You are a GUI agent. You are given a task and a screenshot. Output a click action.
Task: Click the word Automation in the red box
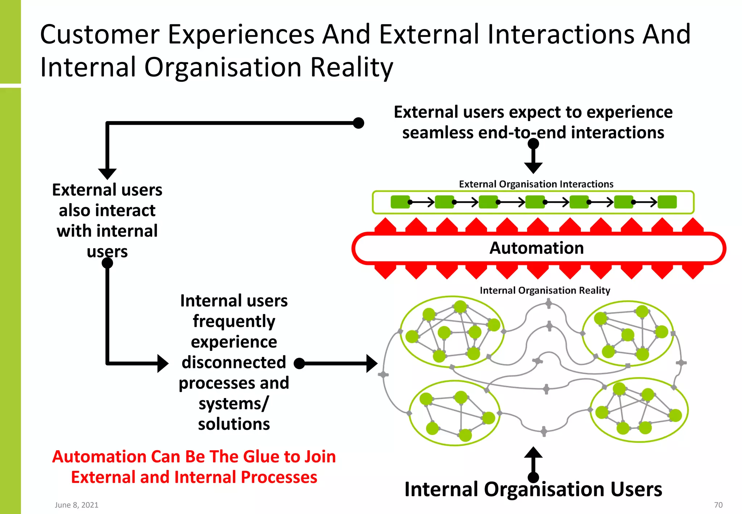coord(536,248)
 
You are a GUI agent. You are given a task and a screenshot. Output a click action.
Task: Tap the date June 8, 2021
coord(76,505)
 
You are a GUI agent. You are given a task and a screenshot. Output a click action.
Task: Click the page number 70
coord(718,505)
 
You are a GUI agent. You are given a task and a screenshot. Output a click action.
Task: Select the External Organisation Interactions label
coord(536,184)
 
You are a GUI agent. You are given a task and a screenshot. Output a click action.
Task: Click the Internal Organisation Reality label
coord(545,290)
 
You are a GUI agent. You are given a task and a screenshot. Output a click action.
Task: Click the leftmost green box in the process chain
coord(400,202)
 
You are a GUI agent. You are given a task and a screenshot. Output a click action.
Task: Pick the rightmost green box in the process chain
coord(667,202)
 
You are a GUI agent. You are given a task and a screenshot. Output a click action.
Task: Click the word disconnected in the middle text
coord(234,362)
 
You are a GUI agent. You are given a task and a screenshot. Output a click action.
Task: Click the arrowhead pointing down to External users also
coord(107,174)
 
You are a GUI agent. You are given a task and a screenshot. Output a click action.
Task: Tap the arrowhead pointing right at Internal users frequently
coord(163,363)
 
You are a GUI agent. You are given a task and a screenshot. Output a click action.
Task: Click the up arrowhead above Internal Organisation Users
coord(533,452)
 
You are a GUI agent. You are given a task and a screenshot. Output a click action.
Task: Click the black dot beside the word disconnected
coord(299,363)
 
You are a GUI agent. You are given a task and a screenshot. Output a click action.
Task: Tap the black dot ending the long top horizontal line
coord(358,123)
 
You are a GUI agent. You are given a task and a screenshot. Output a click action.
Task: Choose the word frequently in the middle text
coord(234,321)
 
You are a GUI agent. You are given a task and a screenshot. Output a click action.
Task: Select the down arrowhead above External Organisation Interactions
coord(533,168)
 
